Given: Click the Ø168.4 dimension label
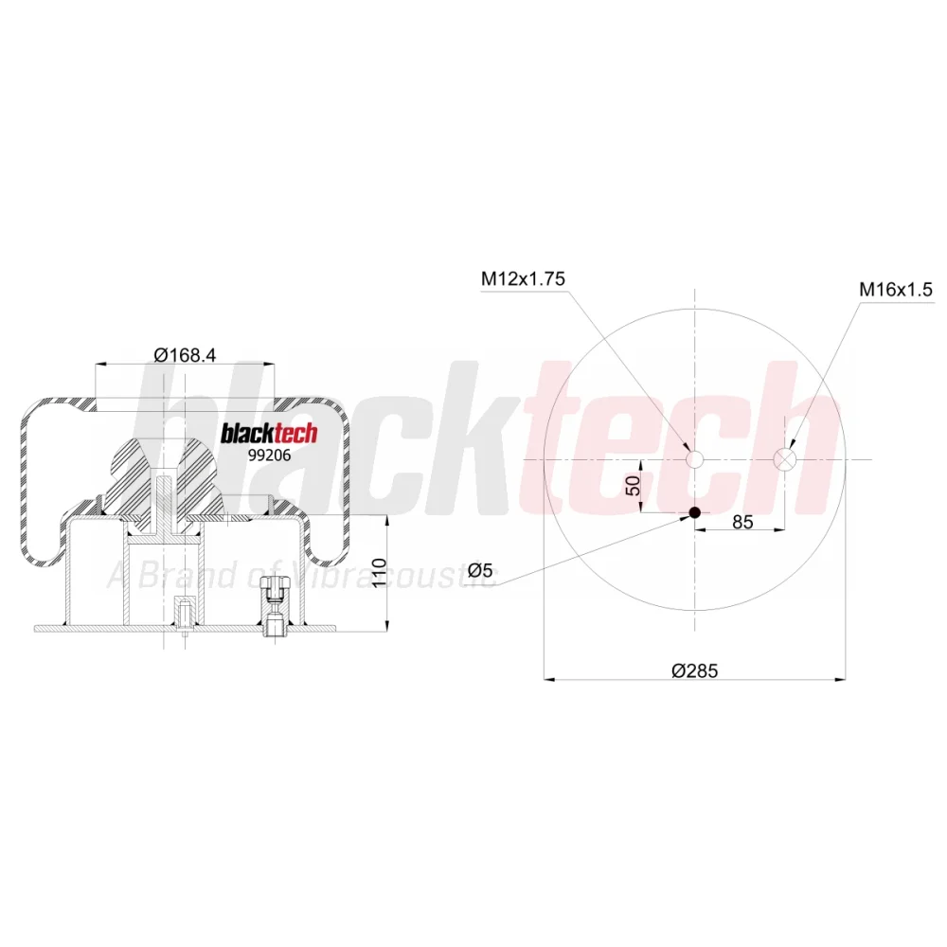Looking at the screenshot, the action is click(185, 354).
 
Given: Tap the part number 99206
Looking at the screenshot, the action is click(269, 455).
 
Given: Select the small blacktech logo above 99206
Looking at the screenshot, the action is click(269, 433).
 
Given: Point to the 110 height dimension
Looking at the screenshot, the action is click(379, 573).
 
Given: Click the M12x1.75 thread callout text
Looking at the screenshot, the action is click(523, 278).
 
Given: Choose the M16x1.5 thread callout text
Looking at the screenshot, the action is click(896, 289).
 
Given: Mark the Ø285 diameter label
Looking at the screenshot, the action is click(694, 670).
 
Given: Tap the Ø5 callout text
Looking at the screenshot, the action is click(480, 569).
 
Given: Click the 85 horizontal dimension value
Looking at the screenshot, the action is click(742, 522).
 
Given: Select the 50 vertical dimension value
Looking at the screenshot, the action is click(633, 486).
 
